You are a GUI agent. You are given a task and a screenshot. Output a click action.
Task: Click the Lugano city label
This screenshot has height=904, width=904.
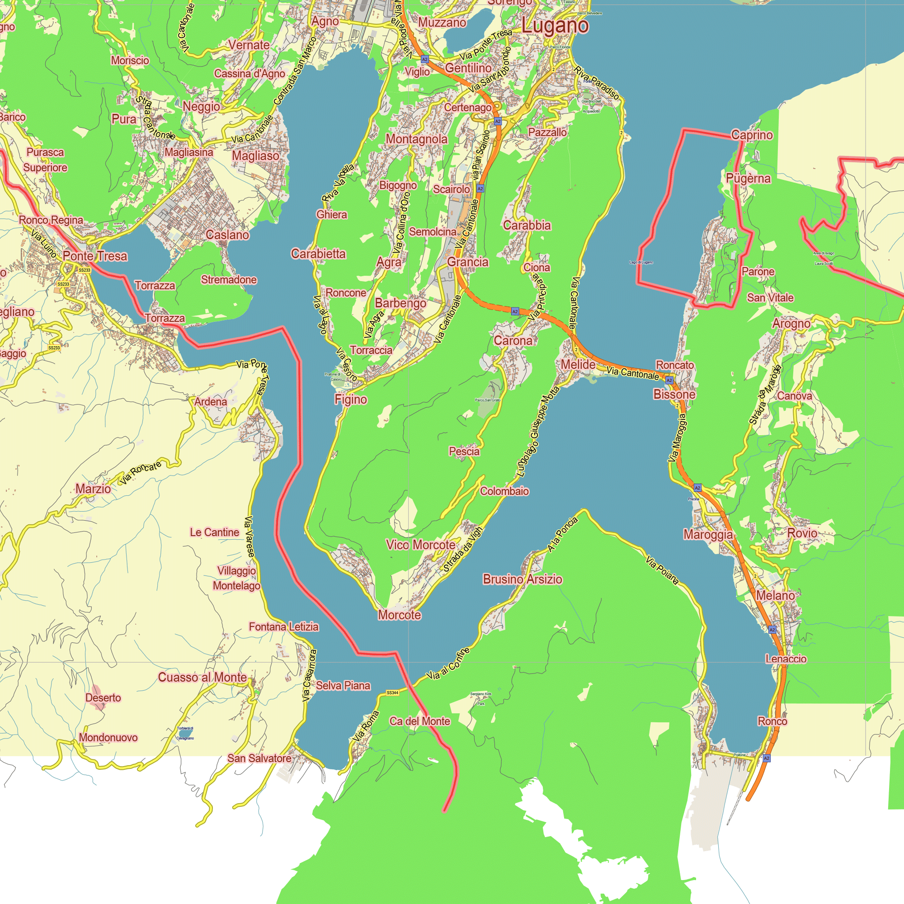[555, 26]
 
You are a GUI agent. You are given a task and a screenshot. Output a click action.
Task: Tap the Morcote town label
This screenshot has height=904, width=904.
[399, 615]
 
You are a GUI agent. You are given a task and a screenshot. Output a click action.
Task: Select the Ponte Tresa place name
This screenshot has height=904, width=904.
[95, 256]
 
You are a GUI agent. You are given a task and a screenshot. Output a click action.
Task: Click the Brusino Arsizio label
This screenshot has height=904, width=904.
[522, 579]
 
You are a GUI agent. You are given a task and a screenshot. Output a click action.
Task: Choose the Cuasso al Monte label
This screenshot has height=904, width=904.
[202, 677]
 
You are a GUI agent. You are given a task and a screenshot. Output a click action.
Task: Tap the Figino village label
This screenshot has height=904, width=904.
[350, 399]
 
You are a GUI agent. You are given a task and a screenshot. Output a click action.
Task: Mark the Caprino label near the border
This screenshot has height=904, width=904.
[752, 135]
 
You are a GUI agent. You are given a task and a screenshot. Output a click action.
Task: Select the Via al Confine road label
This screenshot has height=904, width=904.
[448, 664]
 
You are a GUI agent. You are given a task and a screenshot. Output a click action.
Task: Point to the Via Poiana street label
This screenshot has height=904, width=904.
[662, 570]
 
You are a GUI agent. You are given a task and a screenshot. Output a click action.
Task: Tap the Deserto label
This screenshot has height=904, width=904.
[103, 697]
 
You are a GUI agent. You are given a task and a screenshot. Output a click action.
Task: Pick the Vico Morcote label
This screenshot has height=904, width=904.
[420, 545]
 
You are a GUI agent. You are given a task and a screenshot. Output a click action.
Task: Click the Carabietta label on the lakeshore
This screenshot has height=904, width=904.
[318, 254]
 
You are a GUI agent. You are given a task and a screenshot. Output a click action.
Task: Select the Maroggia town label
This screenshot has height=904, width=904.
[708, 534]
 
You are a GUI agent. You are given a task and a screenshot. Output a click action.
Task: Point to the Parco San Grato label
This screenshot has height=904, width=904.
[488, 400]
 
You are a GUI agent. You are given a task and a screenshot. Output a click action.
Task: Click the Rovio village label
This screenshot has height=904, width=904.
[802, 533]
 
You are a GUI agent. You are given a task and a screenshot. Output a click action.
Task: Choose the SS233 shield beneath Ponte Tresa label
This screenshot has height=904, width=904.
[84, 270]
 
